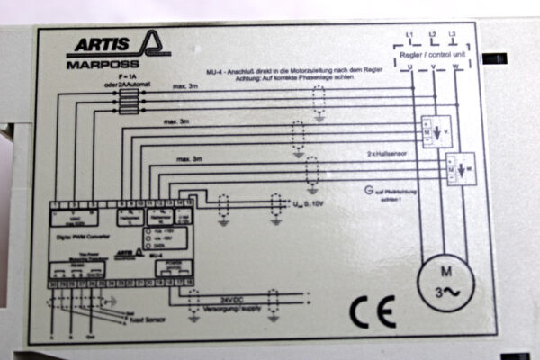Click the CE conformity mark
pyautogui.click(x=372, y=311)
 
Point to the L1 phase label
pyautogui.click(x=410, y=35)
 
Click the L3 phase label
pyautogui.click(x=454, y=35)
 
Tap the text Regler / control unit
pyautogui.click(x=433, y=54)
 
